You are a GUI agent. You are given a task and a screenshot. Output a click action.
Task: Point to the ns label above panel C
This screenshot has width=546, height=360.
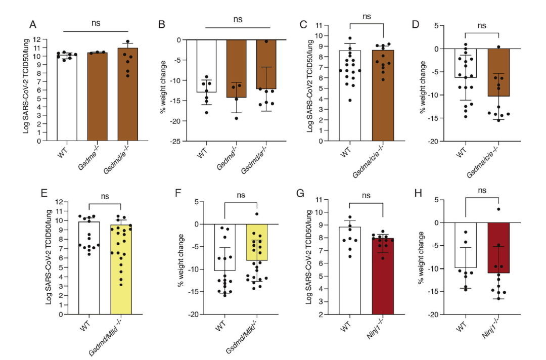(x=367, y=16)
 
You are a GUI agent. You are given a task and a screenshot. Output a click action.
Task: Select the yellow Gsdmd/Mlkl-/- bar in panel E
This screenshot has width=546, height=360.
(x=121, y=268)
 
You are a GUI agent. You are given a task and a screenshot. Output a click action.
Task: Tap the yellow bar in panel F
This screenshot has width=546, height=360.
(x=257, y=242)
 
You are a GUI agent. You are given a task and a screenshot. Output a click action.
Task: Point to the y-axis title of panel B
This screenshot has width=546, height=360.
(x=163, y=90)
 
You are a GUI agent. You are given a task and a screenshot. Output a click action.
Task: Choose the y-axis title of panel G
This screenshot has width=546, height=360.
(x=310, y=257)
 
